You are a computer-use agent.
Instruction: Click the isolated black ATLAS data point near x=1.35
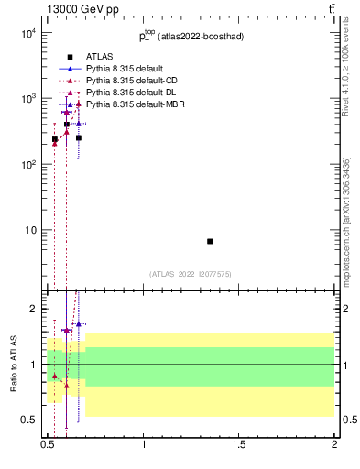click(x=210, y=241)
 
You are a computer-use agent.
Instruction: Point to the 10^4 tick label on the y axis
click(x=28, y=34)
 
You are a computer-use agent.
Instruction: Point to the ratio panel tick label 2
click(x=35, y=309)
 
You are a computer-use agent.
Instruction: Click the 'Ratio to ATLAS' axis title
click(x=12, y=364)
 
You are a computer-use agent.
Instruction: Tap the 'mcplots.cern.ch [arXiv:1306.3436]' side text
click(x=346, y=234)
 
